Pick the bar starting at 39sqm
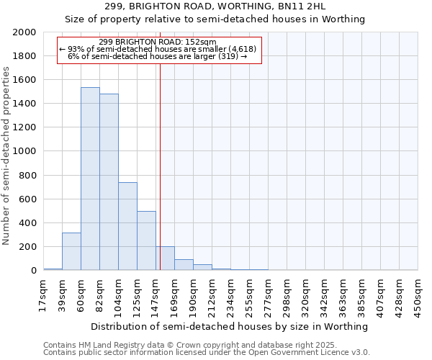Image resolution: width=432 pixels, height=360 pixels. pyautogui.click(x=71, y=251)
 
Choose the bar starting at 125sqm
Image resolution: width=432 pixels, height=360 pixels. pyautogui.click(x=146, y=240)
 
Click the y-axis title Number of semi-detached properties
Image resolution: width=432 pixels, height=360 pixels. pyautogui.click(x=6, y=156)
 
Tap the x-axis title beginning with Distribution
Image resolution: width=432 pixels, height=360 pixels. pyautogui.click(x=230, y=326)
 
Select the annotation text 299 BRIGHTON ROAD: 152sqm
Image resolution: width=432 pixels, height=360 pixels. pyautogui.click(x=157, y=42)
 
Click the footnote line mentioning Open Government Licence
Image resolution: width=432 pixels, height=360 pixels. pyautogui.click(x=207, y=353)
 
